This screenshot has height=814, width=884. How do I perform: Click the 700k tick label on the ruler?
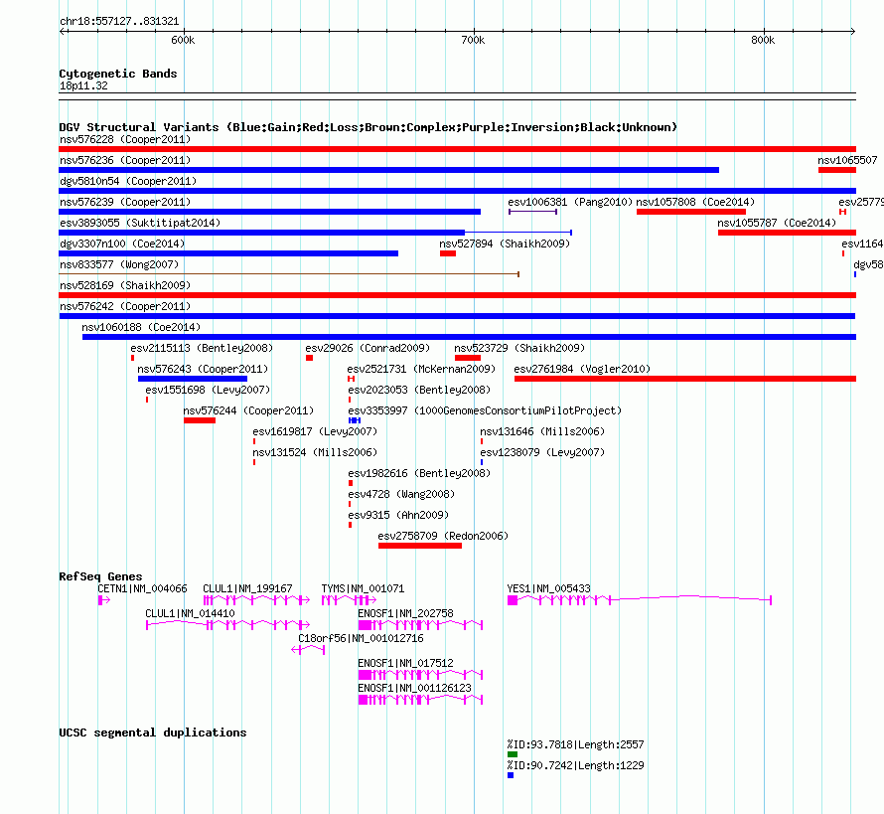pos(473,40)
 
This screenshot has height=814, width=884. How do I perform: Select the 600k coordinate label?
pos(183,40)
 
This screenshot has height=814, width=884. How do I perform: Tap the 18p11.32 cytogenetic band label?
pos(83,85)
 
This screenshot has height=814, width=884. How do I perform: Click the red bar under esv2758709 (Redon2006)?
pos(420,546)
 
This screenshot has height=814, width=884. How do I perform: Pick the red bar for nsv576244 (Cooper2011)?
pos(200,420)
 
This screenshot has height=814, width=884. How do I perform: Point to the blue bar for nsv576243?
pos(193,379)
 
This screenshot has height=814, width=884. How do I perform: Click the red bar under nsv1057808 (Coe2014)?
pos(691,212)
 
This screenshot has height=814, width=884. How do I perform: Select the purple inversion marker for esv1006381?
pos(532,212)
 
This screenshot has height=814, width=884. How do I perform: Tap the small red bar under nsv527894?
pos(448,253)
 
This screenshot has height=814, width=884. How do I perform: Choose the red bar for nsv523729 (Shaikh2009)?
pos(468,358)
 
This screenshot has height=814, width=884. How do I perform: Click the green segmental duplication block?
pos(513,754)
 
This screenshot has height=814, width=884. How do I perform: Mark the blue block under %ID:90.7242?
pos(511,775)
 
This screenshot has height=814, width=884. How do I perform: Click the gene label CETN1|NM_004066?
pos(142,588)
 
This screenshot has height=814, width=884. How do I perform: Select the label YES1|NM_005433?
pos(548,588)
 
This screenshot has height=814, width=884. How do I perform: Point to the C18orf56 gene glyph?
pos(308,650)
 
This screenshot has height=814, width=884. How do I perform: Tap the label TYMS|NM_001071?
pos(363,588)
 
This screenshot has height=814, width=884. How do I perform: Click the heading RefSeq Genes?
pos(100,575)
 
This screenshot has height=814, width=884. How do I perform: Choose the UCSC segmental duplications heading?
pos(153,733)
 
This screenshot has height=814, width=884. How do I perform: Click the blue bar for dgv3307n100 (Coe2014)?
pos(228,253)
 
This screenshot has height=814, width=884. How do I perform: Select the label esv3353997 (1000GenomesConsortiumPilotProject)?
pos(485,410)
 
